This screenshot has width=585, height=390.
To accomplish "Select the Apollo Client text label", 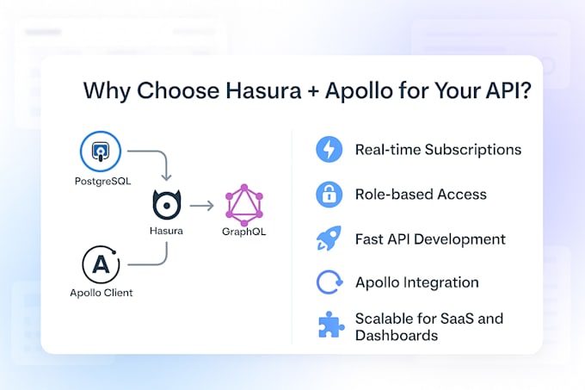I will [x=102, y=293].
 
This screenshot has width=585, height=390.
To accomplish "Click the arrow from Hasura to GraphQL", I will [x=202, y=206].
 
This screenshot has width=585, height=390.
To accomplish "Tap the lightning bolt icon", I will [x=329, y=150].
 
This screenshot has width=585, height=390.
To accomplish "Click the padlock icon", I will [x=329, y=195].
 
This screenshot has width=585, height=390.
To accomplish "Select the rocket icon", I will [x=329, y=238].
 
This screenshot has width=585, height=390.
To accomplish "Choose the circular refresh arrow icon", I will [x=329, y=282].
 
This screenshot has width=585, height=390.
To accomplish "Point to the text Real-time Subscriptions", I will [x=438, y=150].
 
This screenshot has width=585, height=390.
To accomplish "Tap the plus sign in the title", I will [x=307, y=92].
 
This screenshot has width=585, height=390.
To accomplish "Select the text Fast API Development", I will [x=430, y=239].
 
